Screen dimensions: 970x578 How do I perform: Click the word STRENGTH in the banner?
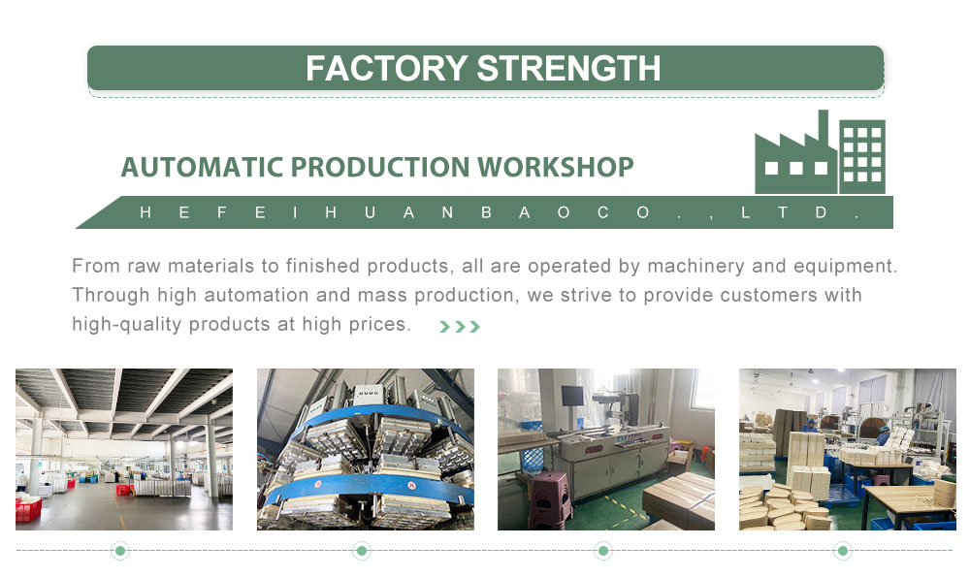[569, 68]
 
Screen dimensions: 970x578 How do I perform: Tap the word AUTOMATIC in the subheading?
[202, 167]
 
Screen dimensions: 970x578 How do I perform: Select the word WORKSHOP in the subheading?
[555, 167]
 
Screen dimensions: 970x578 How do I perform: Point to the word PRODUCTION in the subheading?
[380, 167]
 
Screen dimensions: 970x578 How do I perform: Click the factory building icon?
[820, 152]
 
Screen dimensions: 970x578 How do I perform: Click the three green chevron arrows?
[460, 327]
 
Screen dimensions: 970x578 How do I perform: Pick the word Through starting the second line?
[111, 295]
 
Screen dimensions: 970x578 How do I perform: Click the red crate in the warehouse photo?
[28, 510]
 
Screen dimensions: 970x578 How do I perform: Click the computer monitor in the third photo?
[572, 397]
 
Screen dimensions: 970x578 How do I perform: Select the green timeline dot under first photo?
[120, 550]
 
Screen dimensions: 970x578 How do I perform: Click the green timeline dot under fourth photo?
[843, 550]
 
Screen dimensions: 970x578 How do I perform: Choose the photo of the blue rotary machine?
[366, 449]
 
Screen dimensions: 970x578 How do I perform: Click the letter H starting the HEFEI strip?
[145, 212]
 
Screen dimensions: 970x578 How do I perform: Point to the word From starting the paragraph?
[96, 266]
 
